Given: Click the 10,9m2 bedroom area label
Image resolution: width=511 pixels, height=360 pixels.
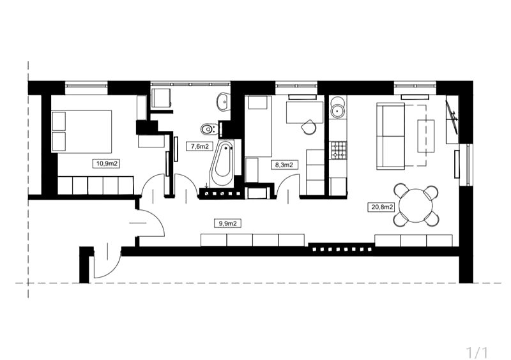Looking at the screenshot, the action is coord(106,163).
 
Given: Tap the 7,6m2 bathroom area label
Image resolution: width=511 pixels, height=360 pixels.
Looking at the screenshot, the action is coord(200,146).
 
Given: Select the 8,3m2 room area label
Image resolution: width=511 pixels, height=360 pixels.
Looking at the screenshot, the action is coord(284,165).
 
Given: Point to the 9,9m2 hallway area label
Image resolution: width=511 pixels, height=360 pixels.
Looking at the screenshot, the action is coord(227,223).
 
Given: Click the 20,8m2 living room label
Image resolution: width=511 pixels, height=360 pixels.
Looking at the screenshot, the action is coord(381,207).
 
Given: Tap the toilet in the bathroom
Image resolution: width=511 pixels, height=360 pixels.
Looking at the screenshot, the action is coord(209,130).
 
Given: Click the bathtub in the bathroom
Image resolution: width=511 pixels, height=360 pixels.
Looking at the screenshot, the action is coord(222,164).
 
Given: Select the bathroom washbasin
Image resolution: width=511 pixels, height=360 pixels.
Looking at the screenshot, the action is coord(223,101).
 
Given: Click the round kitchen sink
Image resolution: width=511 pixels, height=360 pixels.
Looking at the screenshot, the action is coord(337,110).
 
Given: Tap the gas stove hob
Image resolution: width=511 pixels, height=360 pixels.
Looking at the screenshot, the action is coord(339,150).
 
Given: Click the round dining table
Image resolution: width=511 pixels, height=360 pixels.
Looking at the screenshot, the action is coord(416,206).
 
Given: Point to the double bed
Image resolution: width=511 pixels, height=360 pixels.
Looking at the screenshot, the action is coord(82,131).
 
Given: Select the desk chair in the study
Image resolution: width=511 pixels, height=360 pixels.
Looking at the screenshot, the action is coord(309,127).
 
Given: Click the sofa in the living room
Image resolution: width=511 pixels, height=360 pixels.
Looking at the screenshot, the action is coord(391,136).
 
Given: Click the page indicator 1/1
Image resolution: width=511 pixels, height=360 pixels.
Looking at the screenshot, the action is coord(477,352).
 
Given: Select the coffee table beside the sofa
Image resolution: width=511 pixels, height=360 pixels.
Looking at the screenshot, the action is coord(426,136).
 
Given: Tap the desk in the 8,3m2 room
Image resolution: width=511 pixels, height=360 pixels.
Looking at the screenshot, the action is coord(305,112).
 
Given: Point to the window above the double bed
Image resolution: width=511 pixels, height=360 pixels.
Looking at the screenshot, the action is coord(86,86).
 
